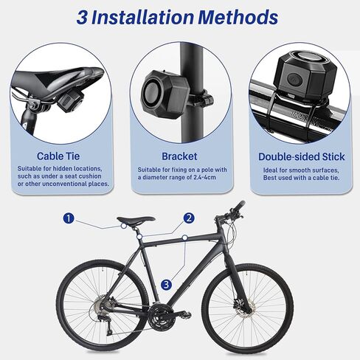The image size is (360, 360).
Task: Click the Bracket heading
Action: [x=179, y=156]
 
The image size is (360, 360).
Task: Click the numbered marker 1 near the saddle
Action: [x=69, y=218]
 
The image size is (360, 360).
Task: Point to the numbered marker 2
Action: [x=189, y=218]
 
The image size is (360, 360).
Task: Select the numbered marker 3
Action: [x=167, y=284]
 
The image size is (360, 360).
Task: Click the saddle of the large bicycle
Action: [x=136, y=220]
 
